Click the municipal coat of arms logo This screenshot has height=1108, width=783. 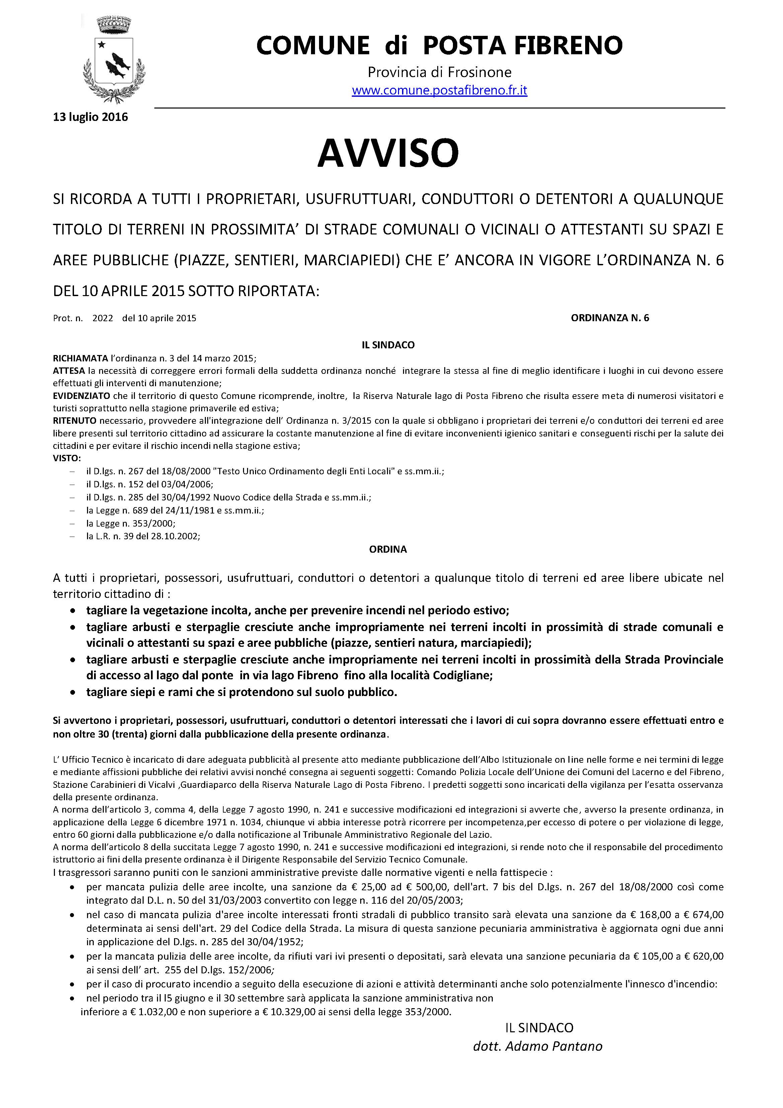[114, 59]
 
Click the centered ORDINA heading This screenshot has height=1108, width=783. [388, 549]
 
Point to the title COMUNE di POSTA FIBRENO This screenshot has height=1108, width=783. [439, 45]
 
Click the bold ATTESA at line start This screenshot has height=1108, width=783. [70, 371]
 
